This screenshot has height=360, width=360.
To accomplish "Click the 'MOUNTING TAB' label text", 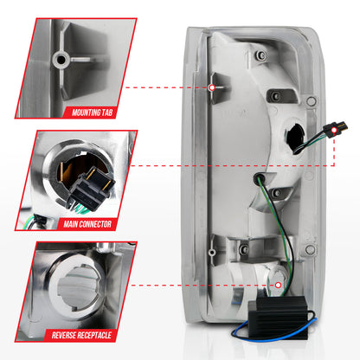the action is (x=92, y=112).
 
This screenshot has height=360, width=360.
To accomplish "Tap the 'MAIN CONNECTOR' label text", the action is (x=87, y=224).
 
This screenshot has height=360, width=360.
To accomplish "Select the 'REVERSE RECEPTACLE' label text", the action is (x=81, y=335).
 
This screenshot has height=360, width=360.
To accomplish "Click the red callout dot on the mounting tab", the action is (x=212, y=87).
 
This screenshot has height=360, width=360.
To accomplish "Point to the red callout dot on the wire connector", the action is (x=334, y=131).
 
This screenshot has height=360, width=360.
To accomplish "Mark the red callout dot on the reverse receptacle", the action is (x=278, y=285).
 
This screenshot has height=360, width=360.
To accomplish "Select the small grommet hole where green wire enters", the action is (x=258, y=179).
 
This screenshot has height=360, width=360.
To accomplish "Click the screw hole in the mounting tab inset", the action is (x=61, y=60).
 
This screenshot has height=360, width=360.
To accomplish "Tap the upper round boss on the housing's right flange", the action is (x=312, y=101).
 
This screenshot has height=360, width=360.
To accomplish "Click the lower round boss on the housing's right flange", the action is (x=310, y=250).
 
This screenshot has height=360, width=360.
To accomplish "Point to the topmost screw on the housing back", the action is (x=262, y=55).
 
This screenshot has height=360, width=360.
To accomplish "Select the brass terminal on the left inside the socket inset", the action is (x=61, y=172).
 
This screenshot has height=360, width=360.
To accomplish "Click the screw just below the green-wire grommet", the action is (x=277, y=192).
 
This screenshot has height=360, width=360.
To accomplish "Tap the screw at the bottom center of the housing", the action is (x=244, y=248).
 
